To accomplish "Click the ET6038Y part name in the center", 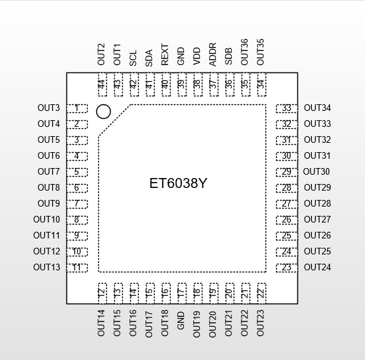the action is [x=178, y=183].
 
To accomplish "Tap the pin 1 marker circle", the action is [x=104, y=112].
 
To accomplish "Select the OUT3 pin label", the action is [x=48, y=108].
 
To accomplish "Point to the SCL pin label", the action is [x=133, y=58].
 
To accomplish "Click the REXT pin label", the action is [x=165, y=54].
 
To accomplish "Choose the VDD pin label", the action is [x=196, y=56].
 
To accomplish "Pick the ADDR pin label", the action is [x=213, y=54].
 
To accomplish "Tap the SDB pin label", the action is [x=228, y=56].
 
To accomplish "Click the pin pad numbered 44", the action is [x=102, y=84].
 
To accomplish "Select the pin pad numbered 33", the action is [x=287, y=108].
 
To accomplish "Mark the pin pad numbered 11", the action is [x=77, y=268].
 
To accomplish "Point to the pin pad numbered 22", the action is [x=261, y=294].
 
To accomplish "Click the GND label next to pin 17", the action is [x=181, y=321].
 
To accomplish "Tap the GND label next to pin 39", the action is [x=181, y=56].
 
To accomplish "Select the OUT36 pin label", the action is [x=244, y=52].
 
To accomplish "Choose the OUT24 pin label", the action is [x=317, y=267].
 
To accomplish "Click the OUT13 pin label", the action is [x=46, y=267].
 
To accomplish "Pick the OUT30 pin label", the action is [x=317, y=172].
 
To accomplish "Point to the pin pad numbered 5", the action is [x=77, y=172].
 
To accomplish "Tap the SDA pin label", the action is [x=149, y=58].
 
